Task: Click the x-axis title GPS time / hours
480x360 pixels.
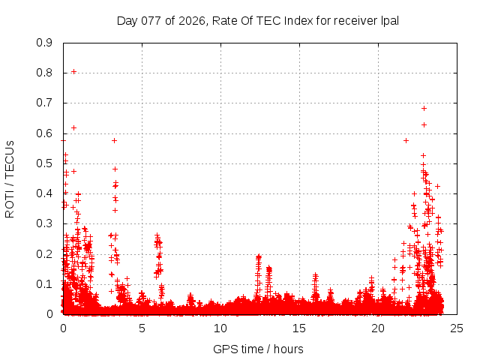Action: pyautogui.click(x=258, y=349)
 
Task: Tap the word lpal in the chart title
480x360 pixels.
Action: pyautogui.click(x=388, y=20)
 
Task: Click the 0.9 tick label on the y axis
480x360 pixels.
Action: pyautogui.click(x=44, y=43)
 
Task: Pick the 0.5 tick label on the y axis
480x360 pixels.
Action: pyautogui.click(x=44, y=163)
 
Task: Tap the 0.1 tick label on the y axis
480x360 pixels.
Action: pyautogui.click(x=44, y=284)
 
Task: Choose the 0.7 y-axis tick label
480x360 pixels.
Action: pyautogui.click(x=44, y=103)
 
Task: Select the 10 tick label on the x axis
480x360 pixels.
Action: pyautogui.click(x=220, y=328)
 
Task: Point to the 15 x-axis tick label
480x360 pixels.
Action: pyautogui.click(x=299, y=328)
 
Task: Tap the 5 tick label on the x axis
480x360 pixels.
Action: pyautogui.click(x=142, y=328)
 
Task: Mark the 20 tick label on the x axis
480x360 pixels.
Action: pyautogui.click(x=378, y=328)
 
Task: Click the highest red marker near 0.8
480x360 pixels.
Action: pyautogui.click(x=73, y=72)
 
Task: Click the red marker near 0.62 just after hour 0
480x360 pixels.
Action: pyautogui.click(x=73, y=127)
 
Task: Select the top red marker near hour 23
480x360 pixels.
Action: pyautogui.click(x=424, y=109)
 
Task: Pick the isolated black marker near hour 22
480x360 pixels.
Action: pyautogui.click(x=406, y=140)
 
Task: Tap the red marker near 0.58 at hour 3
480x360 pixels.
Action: pyautogui.click(x=114, y=140)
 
